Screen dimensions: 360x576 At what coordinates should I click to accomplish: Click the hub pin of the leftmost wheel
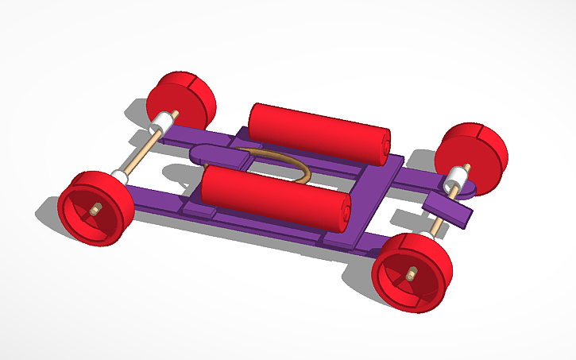(95, 211)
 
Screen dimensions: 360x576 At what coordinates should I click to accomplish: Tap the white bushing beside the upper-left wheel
(162, 122)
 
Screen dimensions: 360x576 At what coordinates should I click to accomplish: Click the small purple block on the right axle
(449, 209)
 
